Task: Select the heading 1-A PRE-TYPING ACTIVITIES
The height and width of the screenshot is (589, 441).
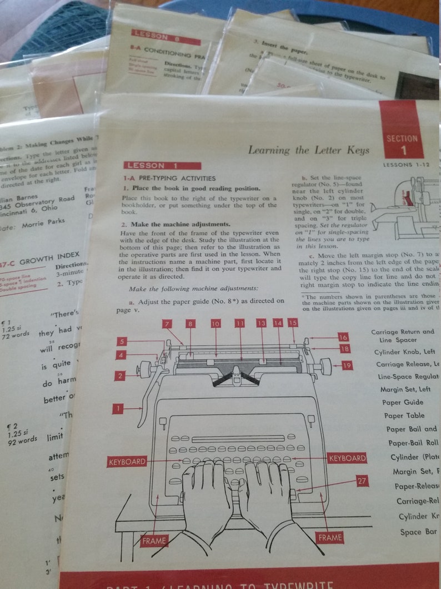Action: click(x=169, y=179)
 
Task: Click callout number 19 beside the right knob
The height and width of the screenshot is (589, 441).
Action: click(x=347, y=365)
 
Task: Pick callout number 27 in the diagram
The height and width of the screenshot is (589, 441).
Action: click(x=362, y=481)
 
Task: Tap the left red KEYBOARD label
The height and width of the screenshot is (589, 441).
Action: click(x=127, y=461)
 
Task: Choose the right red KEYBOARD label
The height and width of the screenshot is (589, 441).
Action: click(x=347, y=458)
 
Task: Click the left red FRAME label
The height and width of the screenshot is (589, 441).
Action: click(x=153, y=540)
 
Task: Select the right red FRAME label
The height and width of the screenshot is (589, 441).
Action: click(x=330, y=538)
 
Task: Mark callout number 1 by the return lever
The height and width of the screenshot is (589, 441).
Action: click(x=117, y=409)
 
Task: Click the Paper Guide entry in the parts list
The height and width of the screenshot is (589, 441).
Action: click(x=403, y=402)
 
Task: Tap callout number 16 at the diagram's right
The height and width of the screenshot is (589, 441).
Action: click(x=343, y=337)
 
